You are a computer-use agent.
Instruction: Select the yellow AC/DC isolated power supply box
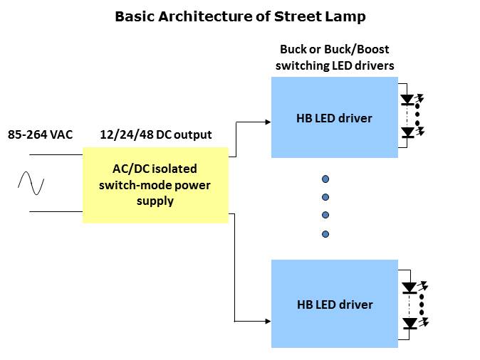(155, 185)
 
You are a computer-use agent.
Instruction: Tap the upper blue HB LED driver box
(334, 117)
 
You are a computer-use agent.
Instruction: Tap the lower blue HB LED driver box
(334, 304)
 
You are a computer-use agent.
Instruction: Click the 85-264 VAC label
(40, 134)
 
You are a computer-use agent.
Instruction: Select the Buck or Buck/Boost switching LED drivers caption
(335, 58)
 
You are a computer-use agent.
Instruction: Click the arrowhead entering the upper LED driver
(267, 122)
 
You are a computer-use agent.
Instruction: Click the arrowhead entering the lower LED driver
(267, 321)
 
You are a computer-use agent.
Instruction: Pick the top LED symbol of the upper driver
(407, 100)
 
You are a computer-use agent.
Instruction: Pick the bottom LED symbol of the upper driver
(407, 132)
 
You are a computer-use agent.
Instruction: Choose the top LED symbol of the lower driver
(409, 288)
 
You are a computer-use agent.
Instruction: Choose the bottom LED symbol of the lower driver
(409, 323)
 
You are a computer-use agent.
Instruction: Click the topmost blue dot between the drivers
(325, 179)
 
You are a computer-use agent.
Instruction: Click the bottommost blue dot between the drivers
(325, 234)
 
